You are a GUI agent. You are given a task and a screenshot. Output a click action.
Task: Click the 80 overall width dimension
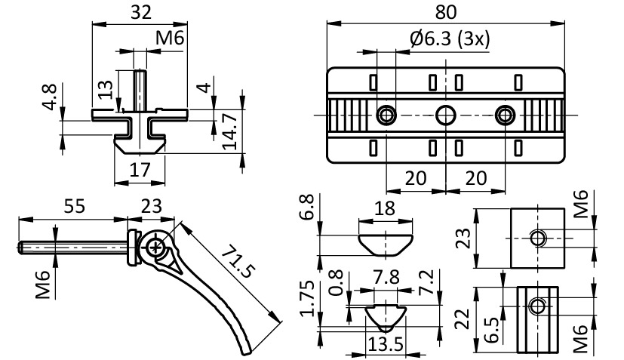(x=447, y=12)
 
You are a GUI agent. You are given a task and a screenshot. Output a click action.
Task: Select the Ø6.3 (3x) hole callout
(x=449, y=39)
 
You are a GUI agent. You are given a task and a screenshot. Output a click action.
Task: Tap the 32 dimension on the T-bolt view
(x=140, y=12)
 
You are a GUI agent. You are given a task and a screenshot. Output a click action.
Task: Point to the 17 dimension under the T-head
(x=140, y=170)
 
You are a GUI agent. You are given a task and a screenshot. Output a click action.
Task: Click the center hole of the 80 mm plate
(x=445, y=115)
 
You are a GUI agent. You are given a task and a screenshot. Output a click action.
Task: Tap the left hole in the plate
(x=386, y=115)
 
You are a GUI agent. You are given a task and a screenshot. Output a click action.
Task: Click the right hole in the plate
(x=504, y=115)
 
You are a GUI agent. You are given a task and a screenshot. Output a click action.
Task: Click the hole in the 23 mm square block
(x=537, y=238)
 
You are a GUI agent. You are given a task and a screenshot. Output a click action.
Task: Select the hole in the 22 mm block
(x=536, y=306)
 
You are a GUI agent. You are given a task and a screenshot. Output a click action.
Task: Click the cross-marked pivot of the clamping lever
(x=156, y=247)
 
